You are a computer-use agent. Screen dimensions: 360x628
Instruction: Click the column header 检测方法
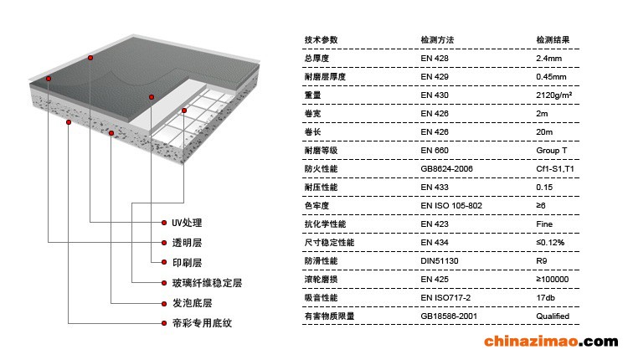tap(436, 40)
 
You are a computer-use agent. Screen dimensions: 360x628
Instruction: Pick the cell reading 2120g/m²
tap(553, 95)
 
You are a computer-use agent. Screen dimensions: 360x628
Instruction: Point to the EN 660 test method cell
tap(435, 151)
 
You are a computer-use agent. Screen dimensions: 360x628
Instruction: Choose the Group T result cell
tap(552, 151)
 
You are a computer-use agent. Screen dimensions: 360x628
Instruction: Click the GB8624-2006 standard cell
tap(447, 169)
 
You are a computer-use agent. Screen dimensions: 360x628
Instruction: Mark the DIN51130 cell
tap(440, 261)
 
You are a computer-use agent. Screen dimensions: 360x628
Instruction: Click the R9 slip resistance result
tap(542, 261)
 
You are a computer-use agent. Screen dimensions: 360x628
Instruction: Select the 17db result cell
tap(546, 298)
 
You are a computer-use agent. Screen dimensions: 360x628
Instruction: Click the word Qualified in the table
tap(553, 316)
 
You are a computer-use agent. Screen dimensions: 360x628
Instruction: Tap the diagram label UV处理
tap(187, 224)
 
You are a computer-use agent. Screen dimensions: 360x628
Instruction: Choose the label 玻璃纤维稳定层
tap(207, 283)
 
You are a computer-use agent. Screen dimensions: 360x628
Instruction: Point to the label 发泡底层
tap(192, 303)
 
